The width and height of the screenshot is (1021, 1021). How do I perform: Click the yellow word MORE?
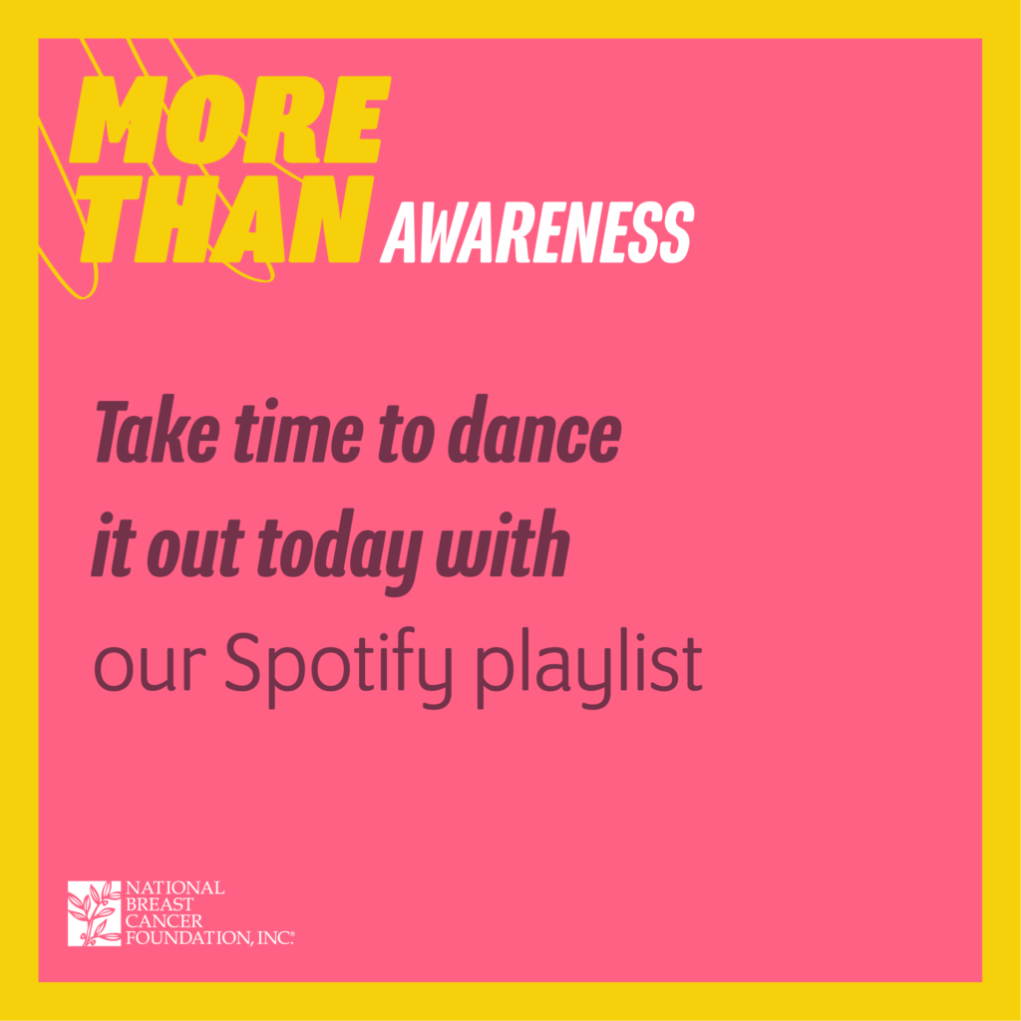click(230, 120)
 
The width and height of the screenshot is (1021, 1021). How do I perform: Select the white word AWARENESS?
click(537, 231)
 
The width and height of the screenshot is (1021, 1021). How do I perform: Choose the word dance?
click(534, 430)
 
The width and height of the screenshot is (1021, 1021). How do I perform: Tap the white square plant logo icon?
click(95, 913)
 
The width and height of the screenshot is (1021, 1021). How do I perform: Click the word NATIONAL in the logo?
click(175, 888)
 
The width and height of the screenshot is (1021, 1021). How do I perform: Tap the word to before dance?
click(406, 433)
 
